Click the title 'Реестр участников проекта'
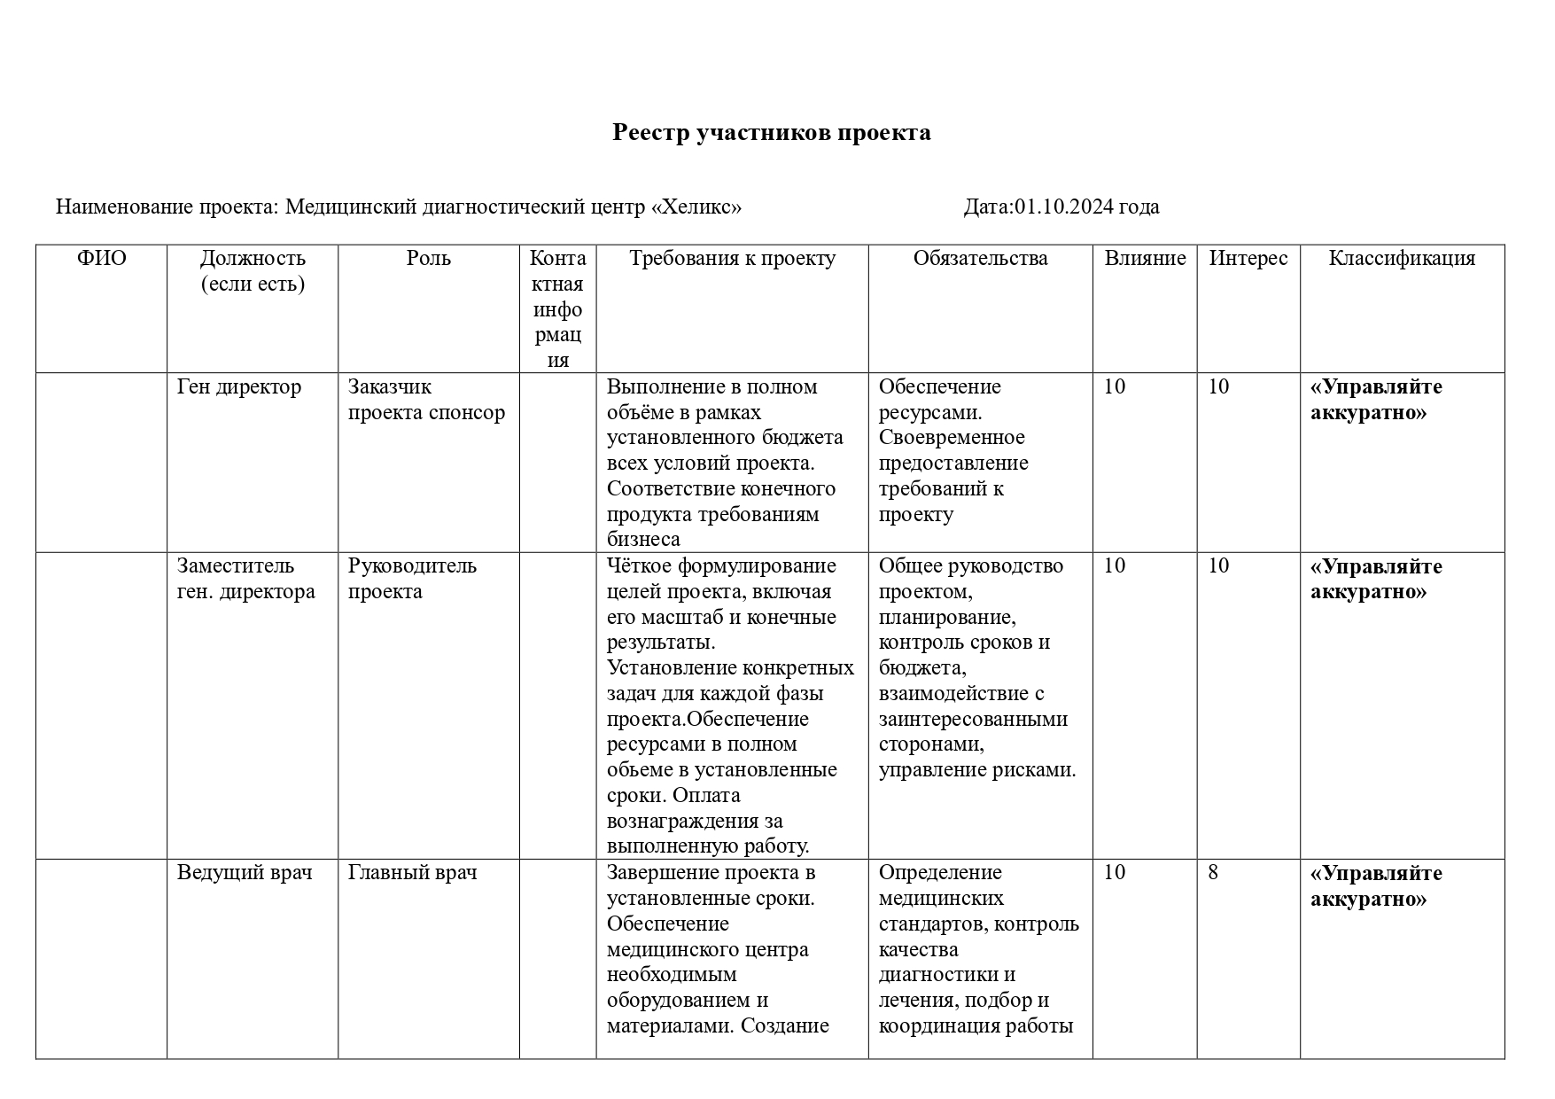tap(771, 133)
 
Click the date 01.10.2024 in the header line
tap(1063, 207)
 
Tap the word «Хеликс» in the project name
tap(696, 207)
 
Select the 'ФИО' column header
tap(101, 259)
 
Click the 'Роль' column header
tap(429, 259)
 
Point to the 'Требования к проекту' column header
tap(732, 259)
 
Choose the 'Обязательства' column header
tap(980, 259)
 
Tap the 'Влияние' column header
tap(1145, 259)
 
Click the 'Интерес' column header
tap(1248, 259)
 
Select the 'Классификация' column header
tap(1402, 259)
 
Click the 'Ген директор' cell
tap(239, 387)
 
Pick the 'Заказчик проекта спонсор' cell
tap(426, 400)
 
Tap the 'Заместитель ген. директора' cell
tap(245, 579)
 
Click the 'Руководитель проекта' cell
tap(412, 579)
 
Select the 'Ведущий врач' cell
tap(245, 873)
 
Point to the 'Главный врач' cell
tap(412, 873)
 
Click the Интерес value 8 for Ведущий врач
tap(1213, 873)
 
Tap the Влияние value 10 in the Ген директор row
tap(1115, 387)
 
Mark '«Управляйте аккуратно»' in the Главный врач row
tap(1376, 886)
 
